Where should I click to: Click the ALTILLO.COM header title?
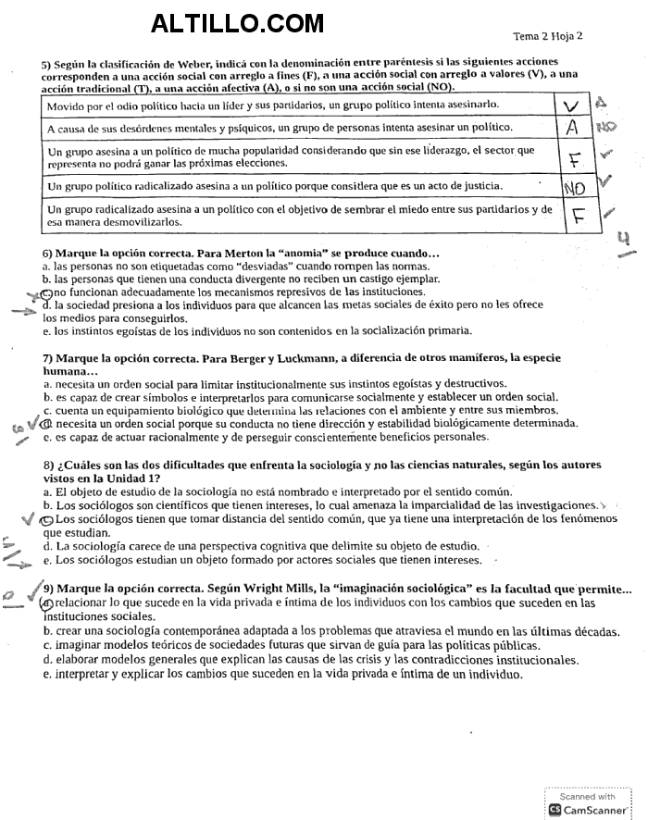click(237, 22)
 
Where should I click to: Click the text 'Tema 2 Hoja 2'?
click(548, 36)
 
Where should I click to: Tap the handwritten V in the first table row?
click(573, 107)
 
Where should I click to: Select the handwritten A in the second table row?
click(573, 128)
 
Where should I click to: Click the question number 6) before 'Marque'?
click(47, 254)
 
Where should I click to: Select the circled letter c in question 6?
click(47, 292)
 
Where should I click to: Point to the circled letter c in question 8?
click(47, 519)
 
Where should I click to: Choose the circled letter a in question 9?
click(48, 603)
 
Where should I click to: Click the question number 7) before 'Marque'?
click(47, 358)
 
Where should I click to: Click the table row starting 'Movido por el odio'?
click(278, 107)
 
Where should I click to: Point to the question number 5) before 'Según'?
click(46, 64)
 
